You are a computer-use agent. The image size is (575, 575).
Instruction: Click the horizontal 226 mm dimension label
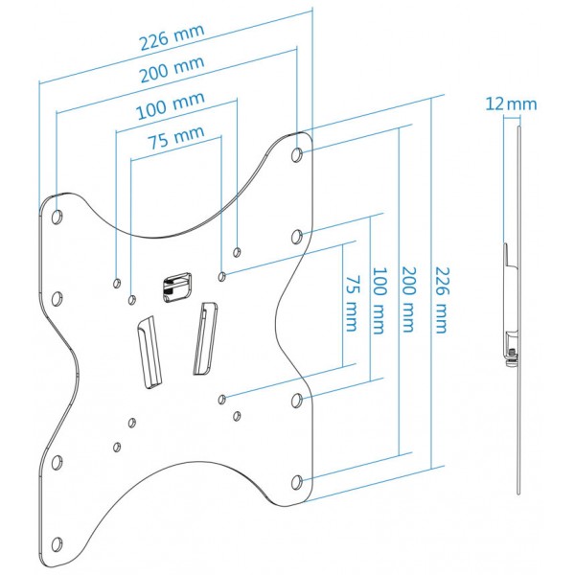(172, 37)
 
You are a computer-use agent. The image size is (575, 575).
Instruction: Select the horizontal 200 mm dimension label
(172, 69)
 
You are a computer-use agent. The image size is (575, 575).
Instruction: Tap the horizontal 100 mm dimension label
(171, 105)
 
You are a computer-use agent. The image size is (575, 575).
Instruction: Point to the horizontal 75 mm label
(176, 137)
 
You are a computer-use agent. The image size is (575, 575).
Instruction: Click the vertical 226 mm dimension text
(442, 300)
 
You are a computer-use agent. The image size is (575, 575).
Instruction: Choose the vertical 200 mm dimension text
(409, 300)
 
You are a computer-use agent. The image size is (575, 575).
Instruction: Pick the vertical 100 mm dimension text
(379, 301)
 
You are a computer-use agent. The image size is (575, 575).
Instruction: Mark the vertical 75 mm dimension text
(352, 304)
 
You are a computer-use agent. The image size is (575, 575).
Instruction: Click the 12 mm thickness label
(511, 104)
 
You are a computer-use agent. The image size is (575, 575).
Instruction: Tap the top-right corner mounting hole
(297, 154)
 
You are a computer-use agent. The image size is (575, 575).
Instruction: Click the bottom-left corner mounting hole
(57, 544)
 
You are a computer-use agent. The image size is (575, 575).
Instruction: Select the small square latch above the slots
(176, 287)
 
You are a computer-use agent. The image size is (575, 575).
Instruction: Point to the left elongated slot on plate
(149, 352)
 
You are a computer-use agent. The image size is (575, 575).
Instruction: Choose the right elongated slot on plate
(205, 338)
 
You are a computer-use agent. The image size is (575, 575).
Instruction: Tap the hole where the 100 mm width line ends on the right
(237, 252)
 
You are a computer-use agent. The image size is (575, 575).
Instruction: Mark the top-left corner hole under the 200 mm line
(57, 217)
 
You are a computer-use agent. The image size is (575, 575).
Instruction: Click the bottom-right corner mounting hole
(297, 483)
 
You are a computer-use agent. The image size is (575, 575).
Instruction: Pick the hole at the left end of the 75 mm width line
(132, 300)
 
